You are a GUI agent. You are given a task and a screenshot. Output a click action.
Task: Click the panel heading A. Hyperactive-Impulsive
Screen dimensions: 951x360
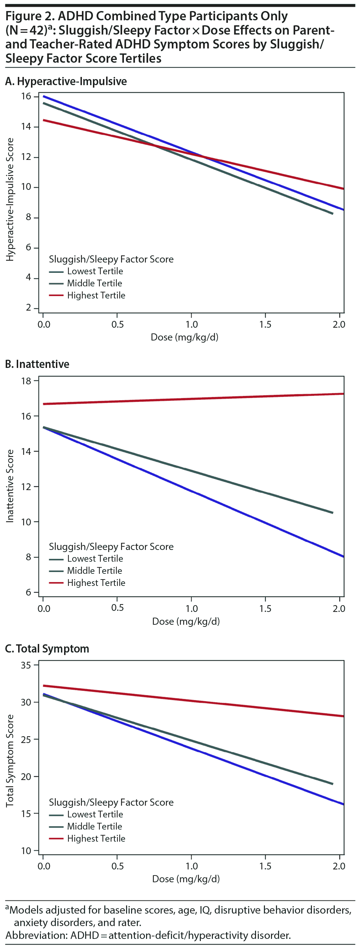point(66,81)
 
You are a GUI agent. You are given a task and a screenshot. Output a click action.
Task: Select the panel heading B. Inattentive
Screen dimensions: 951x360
point(37,364)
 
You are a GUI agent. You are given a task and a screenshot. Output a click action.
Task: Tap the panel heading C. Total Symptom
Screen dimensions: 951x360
point(47,649)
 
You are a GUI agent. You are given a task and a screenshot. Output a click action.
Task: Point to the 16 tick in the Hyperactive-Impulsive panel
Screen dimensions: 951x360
point(26,97)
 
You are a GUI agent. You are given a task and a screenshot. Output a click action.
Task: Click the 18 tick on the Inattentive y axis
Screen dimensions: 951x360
point(26,381)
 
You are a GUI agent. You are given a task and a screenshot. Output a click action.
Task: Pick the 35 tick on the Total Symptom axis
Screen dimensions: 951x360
point(26,665)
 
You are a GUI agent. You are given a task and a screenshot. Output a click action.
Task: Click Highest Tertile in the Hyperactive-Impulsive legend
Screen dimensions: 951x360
point(96,295)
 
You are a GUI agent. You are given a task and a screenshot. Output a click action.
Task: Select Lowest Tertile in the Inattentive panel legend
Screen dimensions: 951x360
point(95,558)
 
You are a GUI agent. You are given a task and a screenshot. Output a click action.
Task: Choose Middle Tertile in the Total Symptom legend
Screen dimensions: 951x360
point(94,826)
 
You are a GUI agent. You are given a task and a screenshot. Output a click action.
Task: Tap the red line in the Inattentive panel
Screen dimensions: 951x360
point(192,399)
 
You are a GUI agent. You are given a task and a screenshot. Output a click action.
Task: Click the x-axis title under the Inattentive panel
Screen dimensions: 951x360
point(186,621)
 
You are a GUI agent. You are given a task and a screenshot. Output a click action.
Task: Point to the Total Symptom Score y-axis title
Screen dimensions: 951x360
point(10,760)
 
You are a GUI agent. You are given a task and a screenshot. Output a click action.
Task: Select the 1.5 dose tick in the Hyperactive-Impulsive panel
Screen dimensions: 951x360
point(265,324)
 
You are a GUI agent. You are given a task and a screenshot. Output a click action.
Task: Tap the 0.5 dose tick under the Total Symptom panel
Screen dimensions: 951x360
point(118,866)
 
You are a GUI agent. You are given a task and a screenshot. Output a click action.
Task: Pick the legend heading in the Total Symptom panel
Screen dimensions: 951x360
point(111,802)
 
